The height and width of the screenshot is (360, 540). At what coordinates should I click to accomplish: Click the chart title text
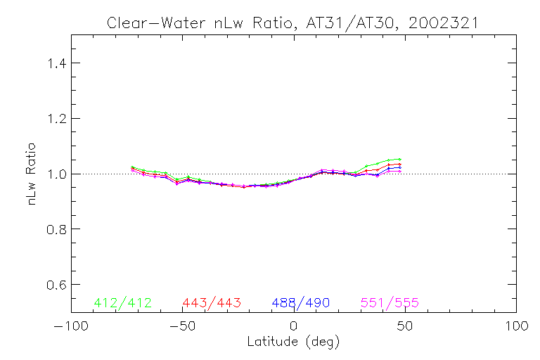(x=292, y=22)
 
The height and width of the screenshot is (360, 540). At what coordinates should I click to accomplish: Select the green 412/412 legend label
(x=122, y=303)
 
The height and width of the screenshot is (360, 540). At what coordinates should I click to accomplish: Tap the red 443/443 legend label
(x=212, y=303)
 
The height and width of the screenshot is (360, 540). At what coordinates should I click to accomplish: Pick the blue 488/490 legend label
(x=301, y=303)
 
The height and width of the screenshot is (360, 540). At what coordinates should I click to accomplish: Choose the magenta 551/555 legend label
(x=390, y=303)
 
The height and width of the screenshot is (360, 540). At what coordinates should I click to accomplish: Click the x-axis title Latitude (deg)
(x=293, y=342)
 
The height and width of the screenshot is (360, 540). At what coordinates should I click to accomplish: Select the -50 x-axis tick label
(x=181, y=326)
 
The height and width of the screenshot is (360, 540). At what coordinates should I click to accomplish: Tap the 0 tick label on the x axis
(x=294, y=326)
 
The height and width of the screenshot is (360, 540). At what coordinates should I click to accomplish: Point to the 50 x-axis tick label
(x=405, y=326)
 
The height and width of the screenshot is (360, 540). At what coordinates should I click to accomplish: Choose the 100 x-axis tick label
(x=516, y=326)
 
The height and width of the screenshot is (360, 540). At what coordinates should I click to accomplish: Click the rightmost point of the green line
(x=400, y=159)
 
